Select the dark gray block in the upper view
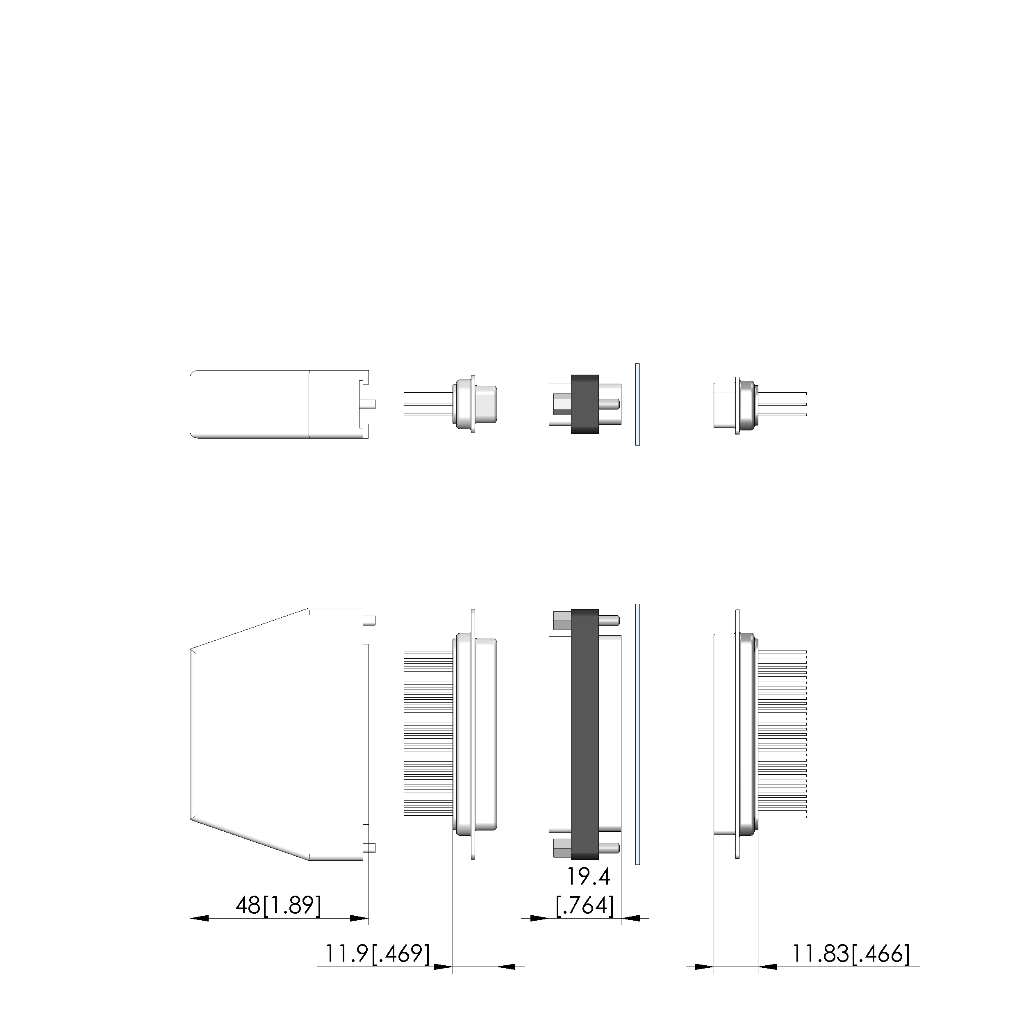(x=585, y=404)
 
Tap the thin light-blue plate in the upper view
(x=638, y=405)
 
